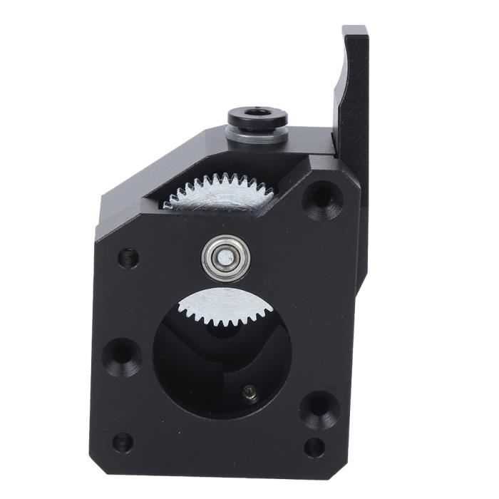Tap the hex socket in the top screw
click(x=257, y=113)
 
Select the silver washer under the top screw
click(x=257, y=135)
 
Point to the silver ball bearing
click(x=225, y=257)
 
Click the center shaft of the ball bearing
click(x=225, y=257)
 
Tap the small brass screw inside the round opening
click(x=249, y=390)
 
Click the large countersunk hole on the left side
click(x=122, y=356)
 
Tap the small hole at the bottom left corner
click(x=122, y=442)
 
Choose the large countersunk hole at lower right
click(x=319, y=408)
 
